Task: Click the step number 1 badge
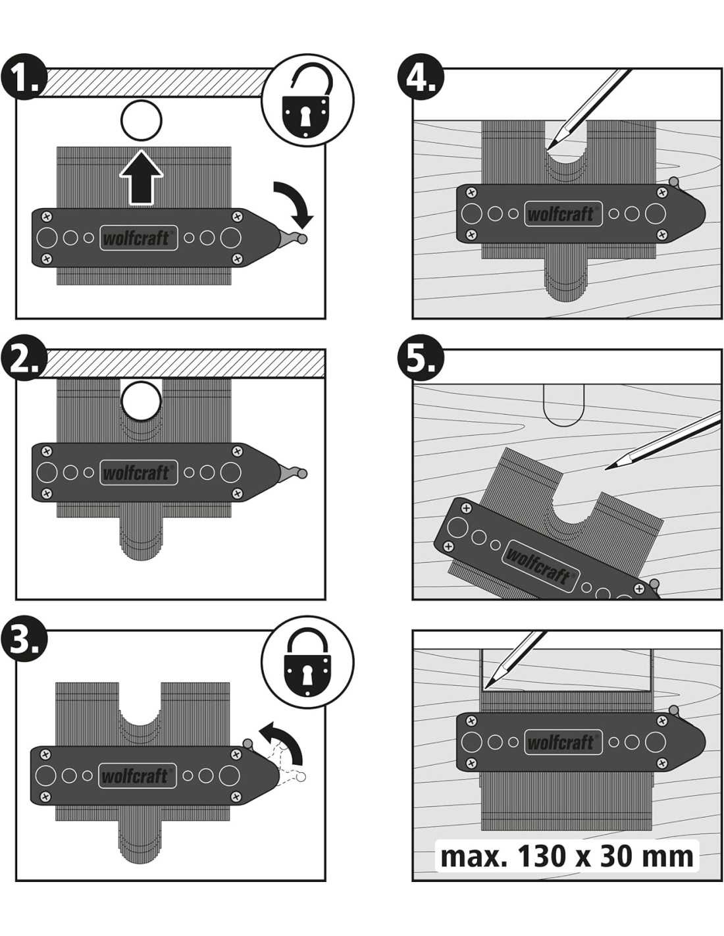(x=24, y=78)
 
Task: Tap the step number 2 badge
(x=24, y=361)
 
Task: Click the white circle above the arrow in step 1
(x=142, y=120)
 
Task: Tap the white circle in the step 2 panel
(x=142, y=400)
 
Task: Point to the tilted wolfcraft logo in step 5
(x=538, y=565)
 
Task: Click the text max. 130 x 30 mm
(x=567, y=856)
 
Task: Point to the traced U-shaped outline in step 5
(x=564, y=407)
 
